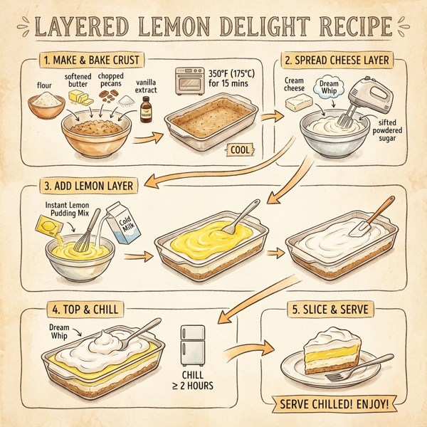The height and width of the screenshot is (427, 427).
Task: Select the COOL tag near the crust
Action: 240,149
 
